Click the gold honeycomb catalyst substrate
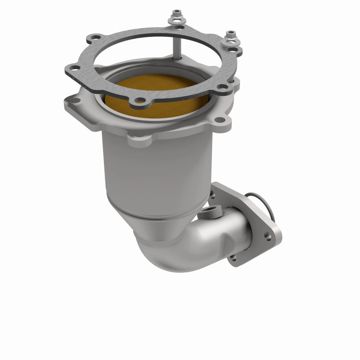pyautogui.click(x=153, y=90)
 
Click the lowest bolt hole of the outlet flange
pyautogui.click(x=233, y=257)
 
